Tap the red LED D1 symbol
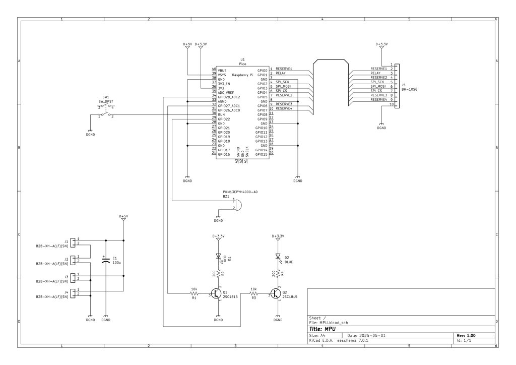[x=218, y=256]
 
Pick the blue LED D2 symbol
[x=277, y=256]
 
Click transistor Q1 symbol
[x=217, y=293]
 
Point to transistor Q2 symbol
[x=276, y=293]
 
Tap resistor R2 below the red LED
[x=218, y=274]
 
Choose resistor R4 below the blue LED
[x=277, y=274]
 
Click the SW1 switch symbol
[x=106, y=112]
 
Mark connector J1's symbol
[x=74, y=242]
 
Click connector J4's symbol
[x=74, y=292]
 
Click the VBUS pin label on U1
[x=222, y=70]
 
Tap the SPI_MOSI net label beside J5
[x=378, y=86]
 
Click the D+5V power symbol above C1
[x=123, y=218]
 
